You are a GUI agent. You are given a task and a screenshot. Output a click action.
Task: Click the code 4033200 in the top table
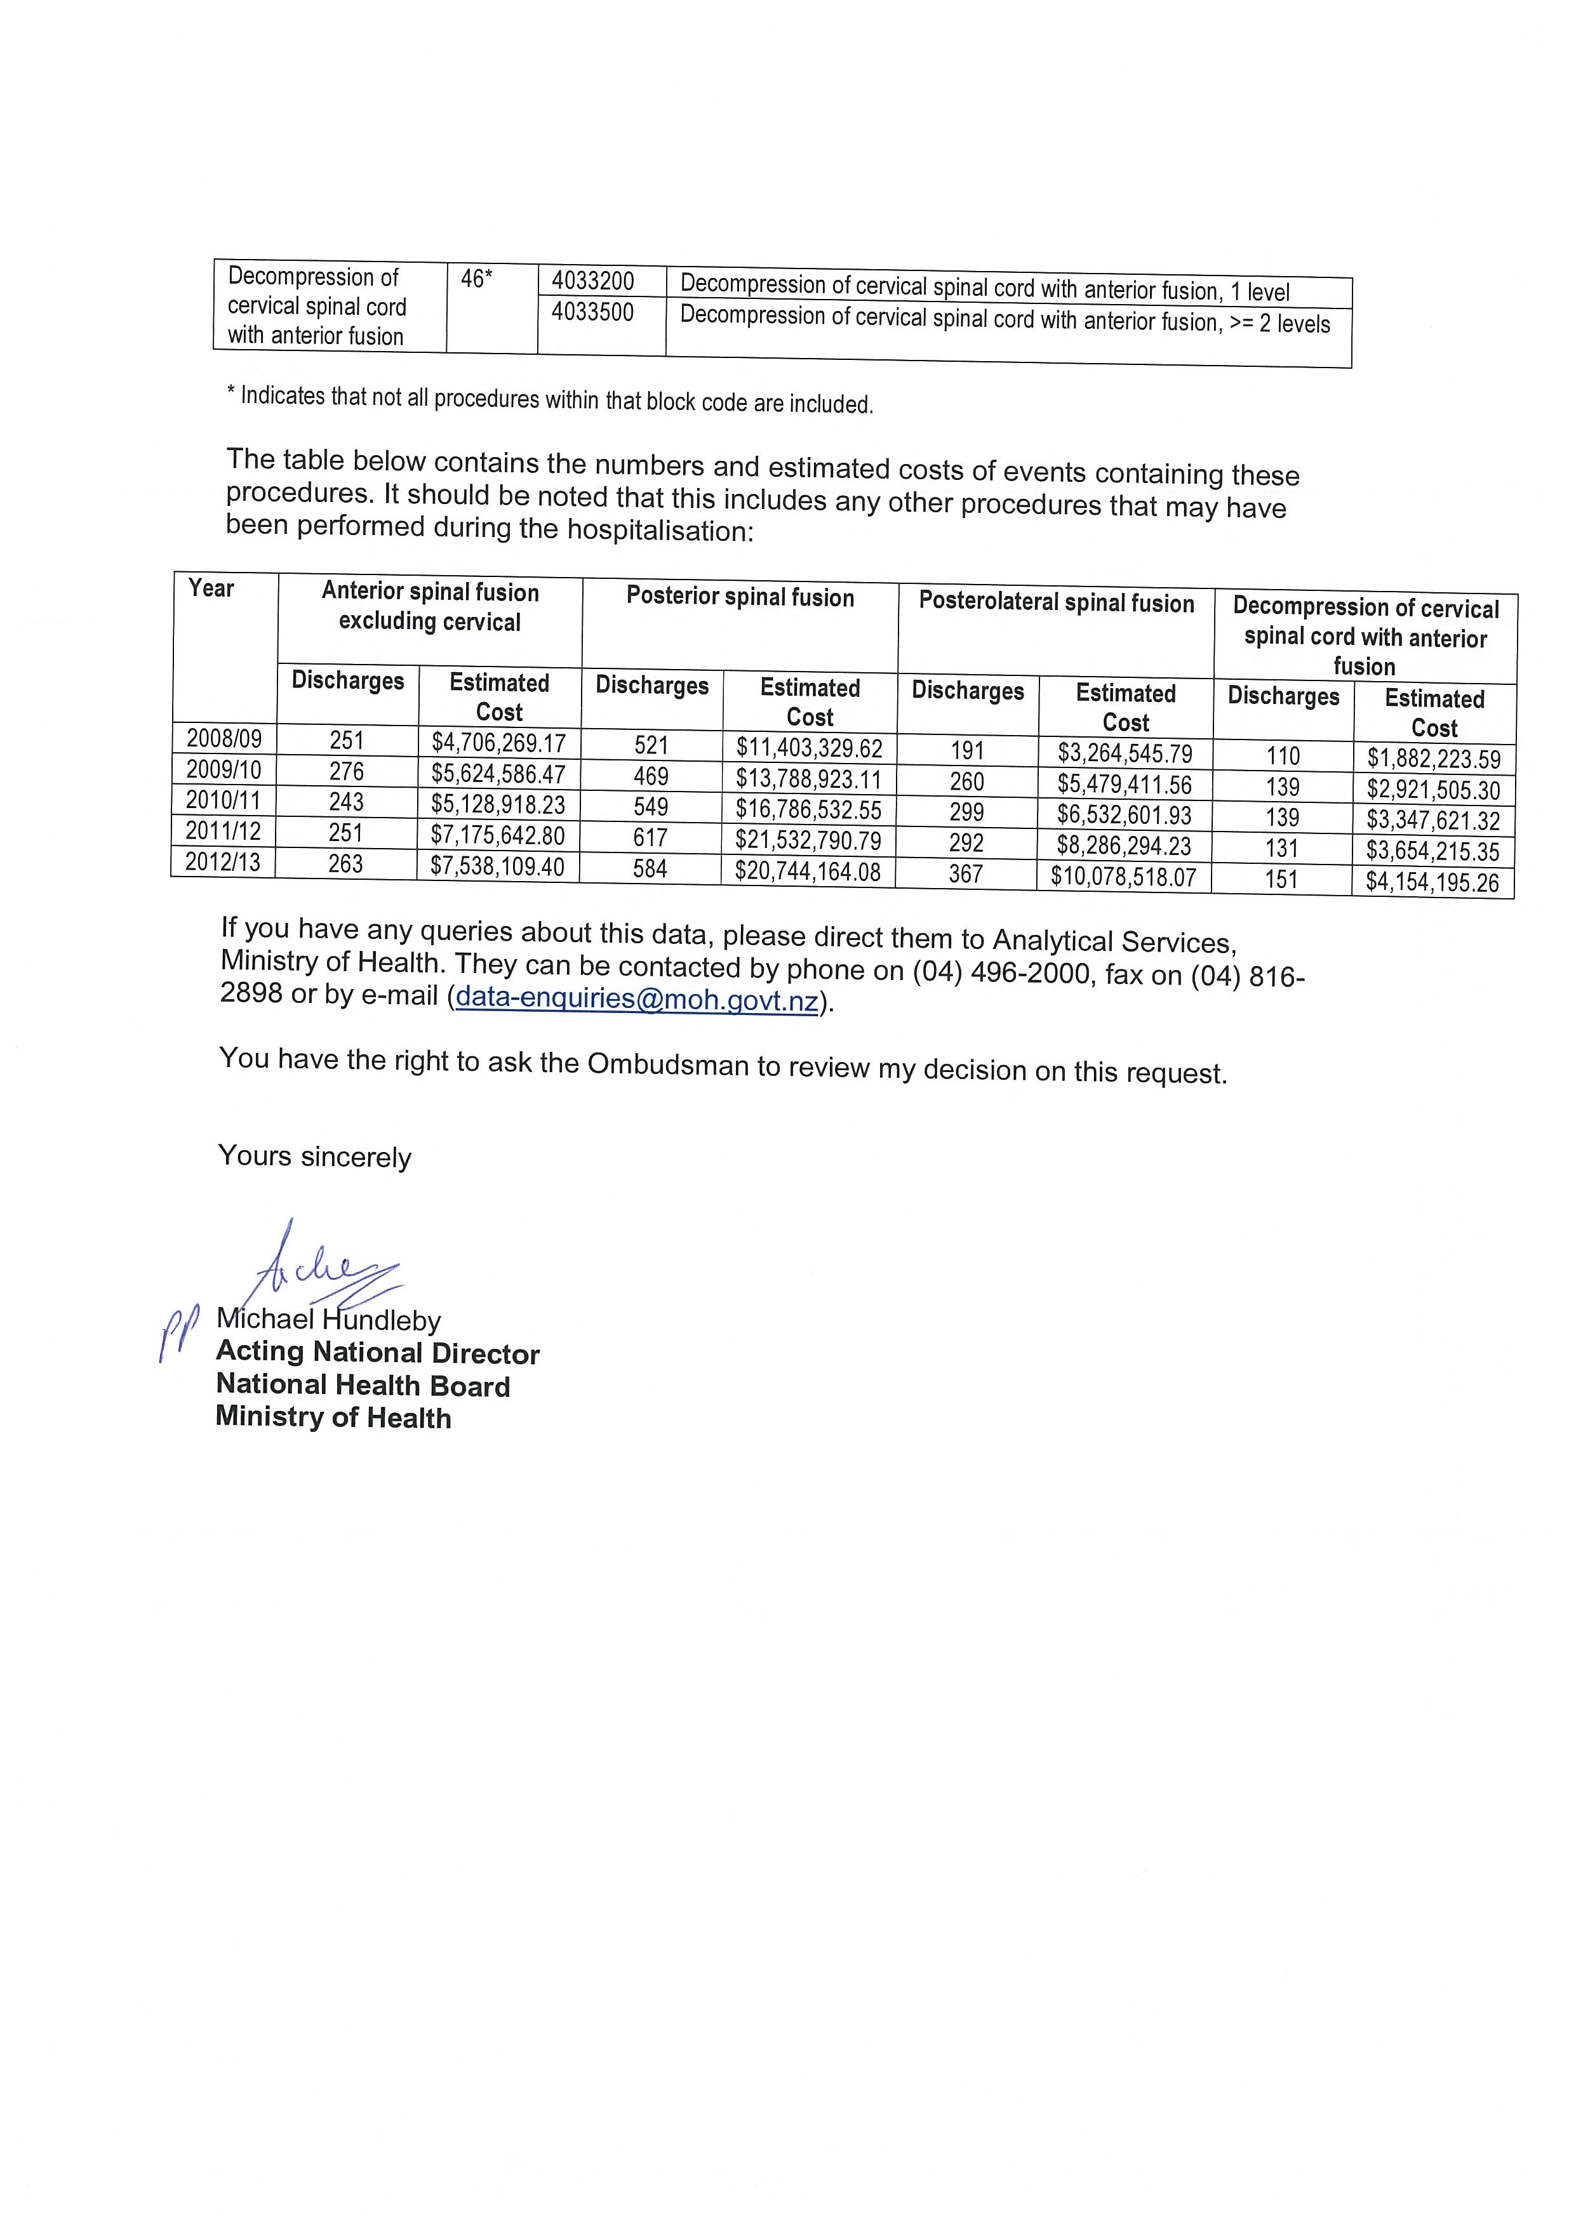pyautogui.click(x=593, y=281)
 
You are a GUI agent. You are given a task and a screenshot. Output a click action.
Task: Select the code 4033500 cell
pyautogui.click(x=593, y=312)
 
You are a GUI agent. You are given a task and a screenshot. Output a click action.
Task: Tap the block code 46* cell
pyautogui.click(x=476, y=279)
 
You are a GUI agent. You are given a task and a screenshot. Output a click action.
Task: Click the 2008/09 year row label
pyautogui.click(x=224, y=738)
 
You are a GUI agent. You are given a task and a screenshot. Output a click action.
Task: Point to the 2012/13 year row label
pyautogui.click(x=224, y=862)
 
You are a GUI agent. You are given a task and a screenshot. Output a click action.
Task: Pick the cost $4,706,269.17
pyautogui.click(x=499, y=743)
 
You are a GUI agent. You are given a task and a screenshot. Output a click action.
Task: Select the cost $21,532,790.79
pyautogui.click(x=808, y=840)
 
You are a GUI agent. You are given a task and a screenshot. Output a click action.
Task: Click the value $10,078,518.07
pyautogui.click(x=1124, y=877)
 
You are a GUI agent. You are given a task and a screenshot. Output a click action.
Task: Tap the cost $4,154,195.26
pyautogui.click(x=1432, y=882)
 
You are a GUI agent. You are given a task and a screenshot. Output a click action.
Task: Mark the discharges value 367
pyautogui.click(x=966, y=874)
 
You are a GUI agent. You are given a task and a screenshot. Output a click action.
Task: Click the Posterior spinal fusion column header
pyautogui.click(x=740, y=597)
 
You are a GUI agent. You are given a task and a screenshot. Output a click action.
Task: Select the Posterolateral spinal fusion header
pyautogui.click(x=1057, y=602)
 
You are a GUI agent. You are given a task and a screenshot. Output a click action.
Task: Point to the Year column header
pyautogui.click(x=211, y=588)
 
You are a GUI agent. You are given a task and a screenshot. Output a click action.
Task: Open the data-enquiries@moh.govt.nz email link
pyautogui.click(x=637, y=998)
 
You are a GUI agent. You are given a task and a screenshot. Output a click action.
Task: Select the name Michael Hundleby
pyautogui.click(x=328, y=1320)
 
